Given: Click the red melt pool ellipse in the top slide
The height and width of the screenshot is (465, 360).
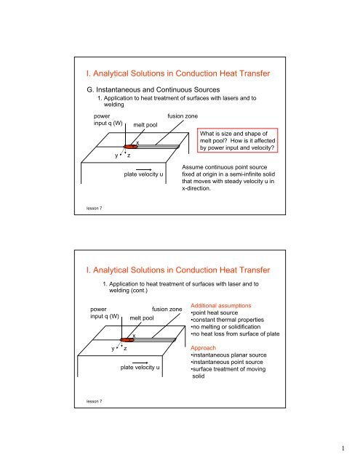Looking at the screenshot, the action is point(131,147).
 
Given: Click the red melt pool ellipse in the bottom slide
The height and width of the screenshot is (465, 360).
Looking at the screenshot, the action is point(127,340).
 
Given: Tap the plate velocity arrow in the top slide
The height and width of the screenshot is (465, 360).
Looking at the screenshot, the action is point(144,169).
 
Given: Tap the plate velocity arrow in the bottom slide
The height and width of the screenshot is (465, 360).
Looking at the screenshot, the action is point(140,363).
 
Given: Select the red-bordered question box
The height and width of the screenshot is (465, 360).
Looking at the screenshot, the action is point(237,140).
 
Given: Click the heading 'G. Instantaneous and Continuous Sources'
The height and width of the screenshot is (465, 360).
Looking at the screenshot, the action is point(153,89).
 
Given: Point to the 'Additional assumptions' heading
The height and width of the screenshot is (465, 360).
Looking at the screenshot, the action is point(221,305).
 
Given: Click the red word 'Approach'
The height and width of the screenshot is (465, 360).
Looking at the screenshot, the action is point(204,348).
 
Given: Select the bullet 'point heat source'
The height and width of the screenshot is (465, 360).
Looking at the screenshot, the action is point(215,312).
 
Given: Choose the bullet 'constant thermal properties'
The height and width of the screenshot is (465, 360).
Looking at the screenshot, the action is point(228,320).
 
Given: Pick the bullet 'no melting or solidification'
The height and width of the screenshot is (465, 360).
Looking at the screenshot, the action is point(225,327).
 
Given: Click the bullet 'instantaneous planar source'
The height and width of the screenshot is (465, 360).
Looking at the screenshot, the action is point(228,355).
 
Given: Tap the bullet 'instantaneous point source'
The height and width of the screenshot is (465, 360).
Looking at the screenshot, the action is point(227,362).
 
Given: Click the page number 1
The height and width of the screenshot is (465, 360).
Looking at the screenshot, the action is point(343,448).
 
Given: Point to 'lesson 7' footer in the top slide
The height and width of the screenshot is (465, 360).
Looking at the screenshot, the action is point(94,209).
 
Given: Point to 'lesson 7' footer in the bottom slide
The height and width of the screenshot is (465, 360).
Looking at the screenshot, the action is point(94,401).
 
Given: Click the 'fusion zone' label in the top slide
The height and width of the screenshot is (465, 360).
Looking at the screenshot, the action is point(183,116).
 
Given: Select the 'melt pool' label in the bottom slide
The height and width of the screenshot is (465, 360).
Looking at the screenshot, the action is point(142,318).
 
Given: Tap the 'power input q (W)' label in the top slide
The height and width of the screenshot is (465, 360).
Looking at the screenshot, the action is point(108,119).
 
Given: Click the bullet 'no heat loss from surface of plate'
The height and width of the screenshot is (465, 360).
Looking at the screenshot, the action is point(235,334).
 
